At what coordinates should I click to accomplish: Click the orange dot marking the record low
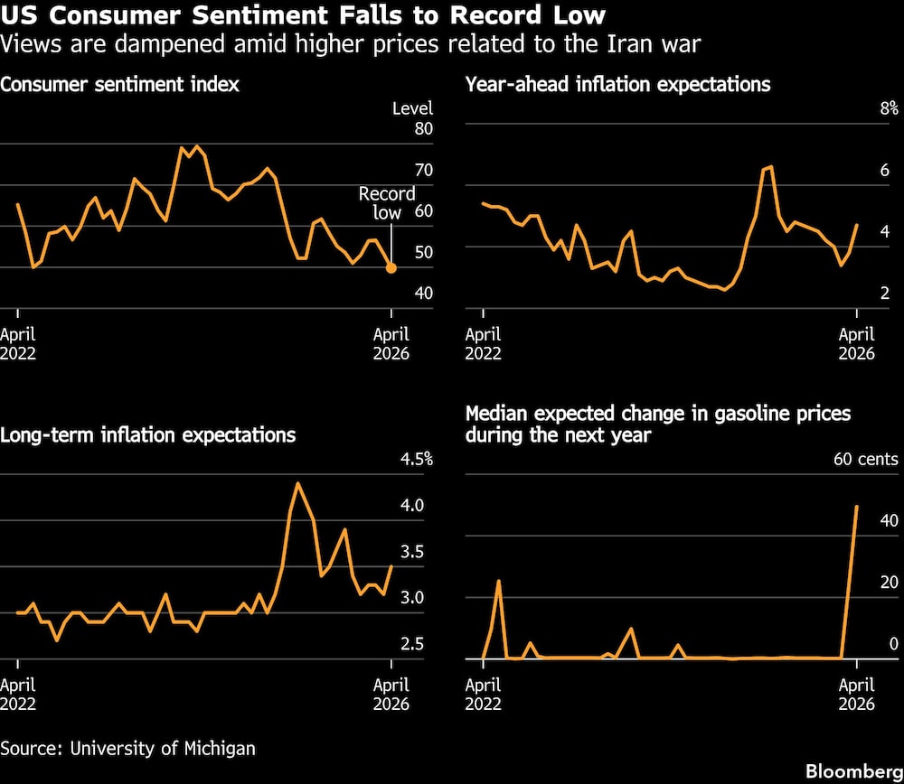[x=391, y=267]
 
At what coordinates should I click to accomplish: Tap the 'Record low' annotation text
[x=387, y=203]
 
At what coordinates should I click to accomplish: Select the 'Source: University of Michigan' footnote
[x=127, y=748]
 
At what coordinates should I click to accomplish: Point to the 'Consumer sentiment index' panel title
[x=119, y=85]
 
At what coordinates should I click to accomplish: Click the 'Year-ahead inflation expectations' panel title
[x=617, y=85]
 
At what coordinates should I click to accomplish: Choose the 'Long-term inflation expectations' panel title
[x=148, y=435]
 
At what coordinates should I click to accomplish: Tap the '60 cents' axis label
[x=865, y=460]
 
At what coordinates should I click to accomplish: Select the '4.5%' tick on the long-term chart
[x=416, y=460]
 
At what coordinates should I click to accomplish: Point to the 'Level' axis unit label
[x=412, y=109]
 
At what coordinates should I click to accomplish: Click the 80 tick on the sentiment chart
[x=423, y=129]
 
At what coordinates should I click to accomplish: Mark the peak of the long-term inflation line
[x=298, y=483]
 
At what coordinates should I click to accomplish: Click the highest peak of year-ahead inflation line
[x=769, y=167]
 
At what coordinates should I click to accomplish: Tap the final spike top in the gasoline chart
[x=856, y=506]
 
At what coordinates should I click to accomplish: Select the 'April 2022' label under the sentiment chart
[x=18, y=344]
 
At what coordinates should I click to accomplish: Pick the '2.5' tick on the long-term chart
[x=411, y=644]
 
